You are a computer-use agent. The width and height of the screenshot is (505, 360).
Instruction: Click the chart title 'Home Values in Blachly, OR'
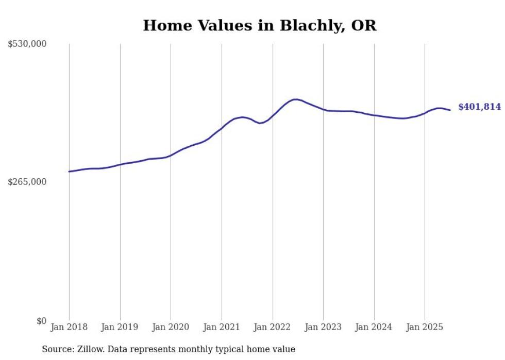259,25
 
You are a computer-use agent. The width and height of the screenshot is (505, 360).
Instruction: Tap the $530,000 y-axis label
27,44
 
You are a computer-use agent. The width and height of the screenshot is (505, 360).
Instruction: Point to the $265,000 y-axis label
27,182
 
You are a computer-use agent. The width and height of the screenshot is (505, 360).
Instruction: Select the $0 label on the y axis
41,321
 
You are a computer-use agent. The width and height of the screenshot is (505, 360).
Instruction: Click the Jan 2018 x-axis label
69,327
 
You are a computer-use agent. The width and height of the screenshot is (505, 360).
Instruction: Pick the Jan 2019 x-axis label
120,327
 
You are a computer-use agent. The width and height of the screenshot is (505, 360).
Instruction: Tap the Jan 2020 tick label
171,327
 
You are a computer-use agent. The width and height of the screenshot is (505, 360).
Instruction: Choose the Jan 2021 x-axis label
222,327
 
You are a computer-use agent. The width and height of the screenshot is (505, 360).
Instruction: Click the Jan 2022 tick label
273,327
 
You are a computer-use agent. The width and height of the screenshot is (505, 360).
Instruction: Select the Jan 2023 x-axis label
323,327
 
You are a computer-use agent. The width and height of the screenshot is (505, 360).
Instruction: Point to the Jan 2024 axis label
374,327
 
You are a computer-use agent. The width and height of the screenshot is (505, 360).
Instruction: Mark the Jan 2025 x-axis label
425,327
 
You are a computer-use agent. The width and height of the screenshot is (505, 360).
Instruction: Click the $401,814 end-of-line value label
479,107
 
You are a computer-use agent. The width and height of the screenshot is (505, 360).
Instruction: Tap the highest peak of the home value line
295,99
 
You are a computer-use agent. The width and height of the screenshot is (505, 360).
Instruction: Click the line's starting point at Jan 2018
69,172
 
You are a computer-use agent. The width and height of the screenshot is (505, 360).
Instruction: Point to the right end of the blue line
450,110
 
